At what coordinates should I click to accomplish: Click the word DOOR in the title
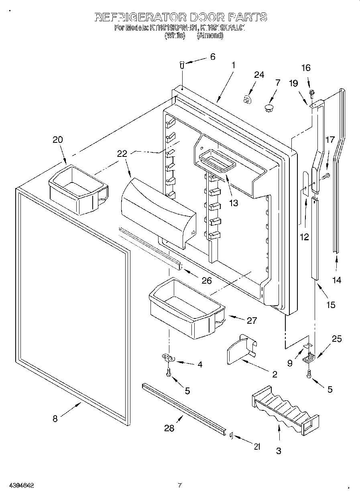pyautogui.click(x=205, y=17)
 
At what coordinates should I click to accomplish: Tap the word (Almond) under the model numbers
pyautogui.click(x=210, y=35)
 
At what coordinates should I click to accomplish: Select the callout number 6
pyautogui.click(x=213, y=57)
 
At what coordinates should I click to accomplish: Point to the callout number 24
pyautogui.click(x=259, y=75)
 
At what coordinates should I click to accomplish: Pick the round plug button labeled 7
pyautogui.click(x=269, y=107)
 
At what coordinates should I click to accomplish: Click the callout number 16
pyautogui.click(x=306, y=68)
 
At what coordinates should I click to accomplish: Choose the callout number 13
pyautogui.click(x=233, y=203)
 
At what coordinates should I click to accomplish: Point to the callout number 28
pyautogui.click(x=169, y=428)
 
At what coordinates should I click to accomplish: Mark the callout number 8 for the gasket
pyautogui.click(x=55, y=418)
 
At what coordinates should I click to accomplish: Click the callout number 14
pyautogui.click(x=337, y=280)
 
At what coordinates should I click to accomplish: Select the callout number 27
pyautogui.click(x=252, y=321)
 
